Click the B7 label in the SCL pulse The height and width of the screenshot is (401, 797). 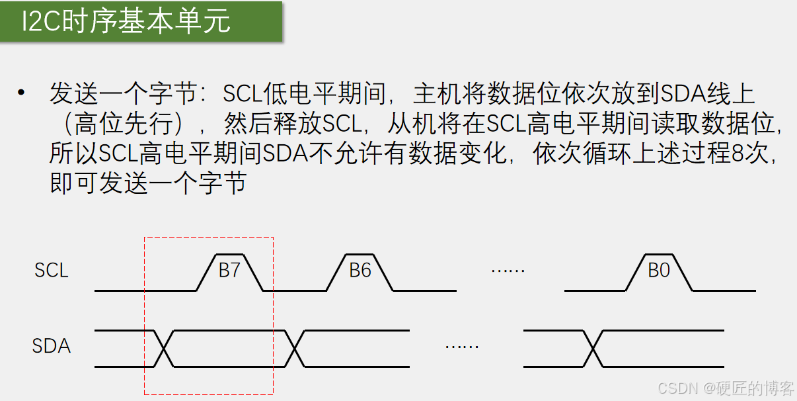tap(229, 270)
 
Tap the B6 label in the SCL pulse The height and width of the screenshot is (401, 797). tap(360, 270)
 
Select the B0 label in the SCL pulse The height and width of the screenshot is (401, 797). tap(659, 270)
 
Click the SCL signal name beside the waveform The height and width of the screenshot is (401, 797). tap(52, 271)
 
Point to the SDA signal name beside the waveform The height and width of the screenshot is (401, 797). tap(52, 346)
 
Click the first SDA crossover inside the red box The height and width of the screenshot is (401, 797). tap(163, 348)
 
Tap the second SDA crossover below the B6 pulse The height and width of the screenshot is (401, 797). tap(295, 348)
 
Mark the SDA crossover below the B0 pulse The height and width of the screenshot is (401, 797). tap(593, 348)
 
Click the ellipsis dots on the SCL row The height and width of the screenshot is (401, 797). tap(508, 270)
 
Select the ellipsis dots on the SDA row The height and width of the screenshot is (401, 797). tap(461, 346)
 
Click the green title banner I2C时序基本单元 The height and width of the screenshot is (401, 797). tap(141, 22)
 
